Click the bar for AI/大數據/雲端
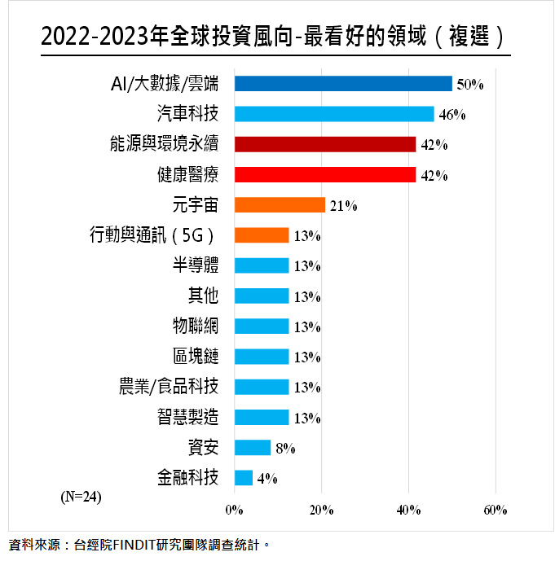coord(342,84)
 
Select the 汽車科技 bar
coord(334,114)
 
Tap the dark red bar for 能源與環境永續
coord(325,144)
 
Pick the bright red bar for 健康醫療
coord(325,174)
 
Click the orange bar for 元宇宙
coord(280,204)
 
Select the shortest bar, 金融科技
coord(243,478)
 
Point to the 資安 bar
coord(252,448)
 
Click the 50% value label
coord(470,85)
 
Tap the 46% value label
coord(452,115)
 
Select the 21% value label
coord(343,206)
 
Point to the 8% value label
coord(284,449)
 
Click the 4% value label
coord(267,479)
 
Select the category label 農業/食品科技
coord(169,387)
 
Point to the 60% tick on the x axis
coord(496,510)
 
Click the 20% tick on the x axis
coord(321,510)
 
